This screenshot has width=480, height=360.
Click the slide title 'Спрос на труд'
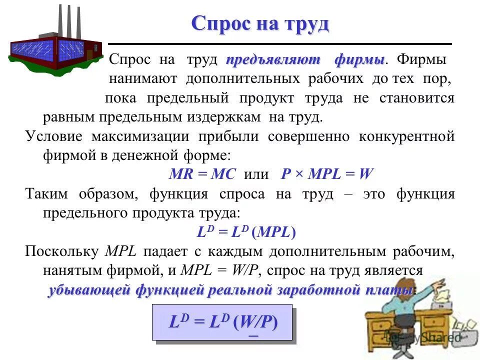pos(260,23)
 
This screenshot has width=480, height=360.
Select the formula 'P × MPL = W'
pos(327,174)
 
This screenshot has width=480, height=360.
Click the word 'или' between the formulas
pos(255,174)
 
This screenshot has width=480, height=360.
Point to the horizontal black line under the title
pos(280,44)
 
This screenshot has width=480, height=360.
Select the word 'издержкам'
pos(227,117)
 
